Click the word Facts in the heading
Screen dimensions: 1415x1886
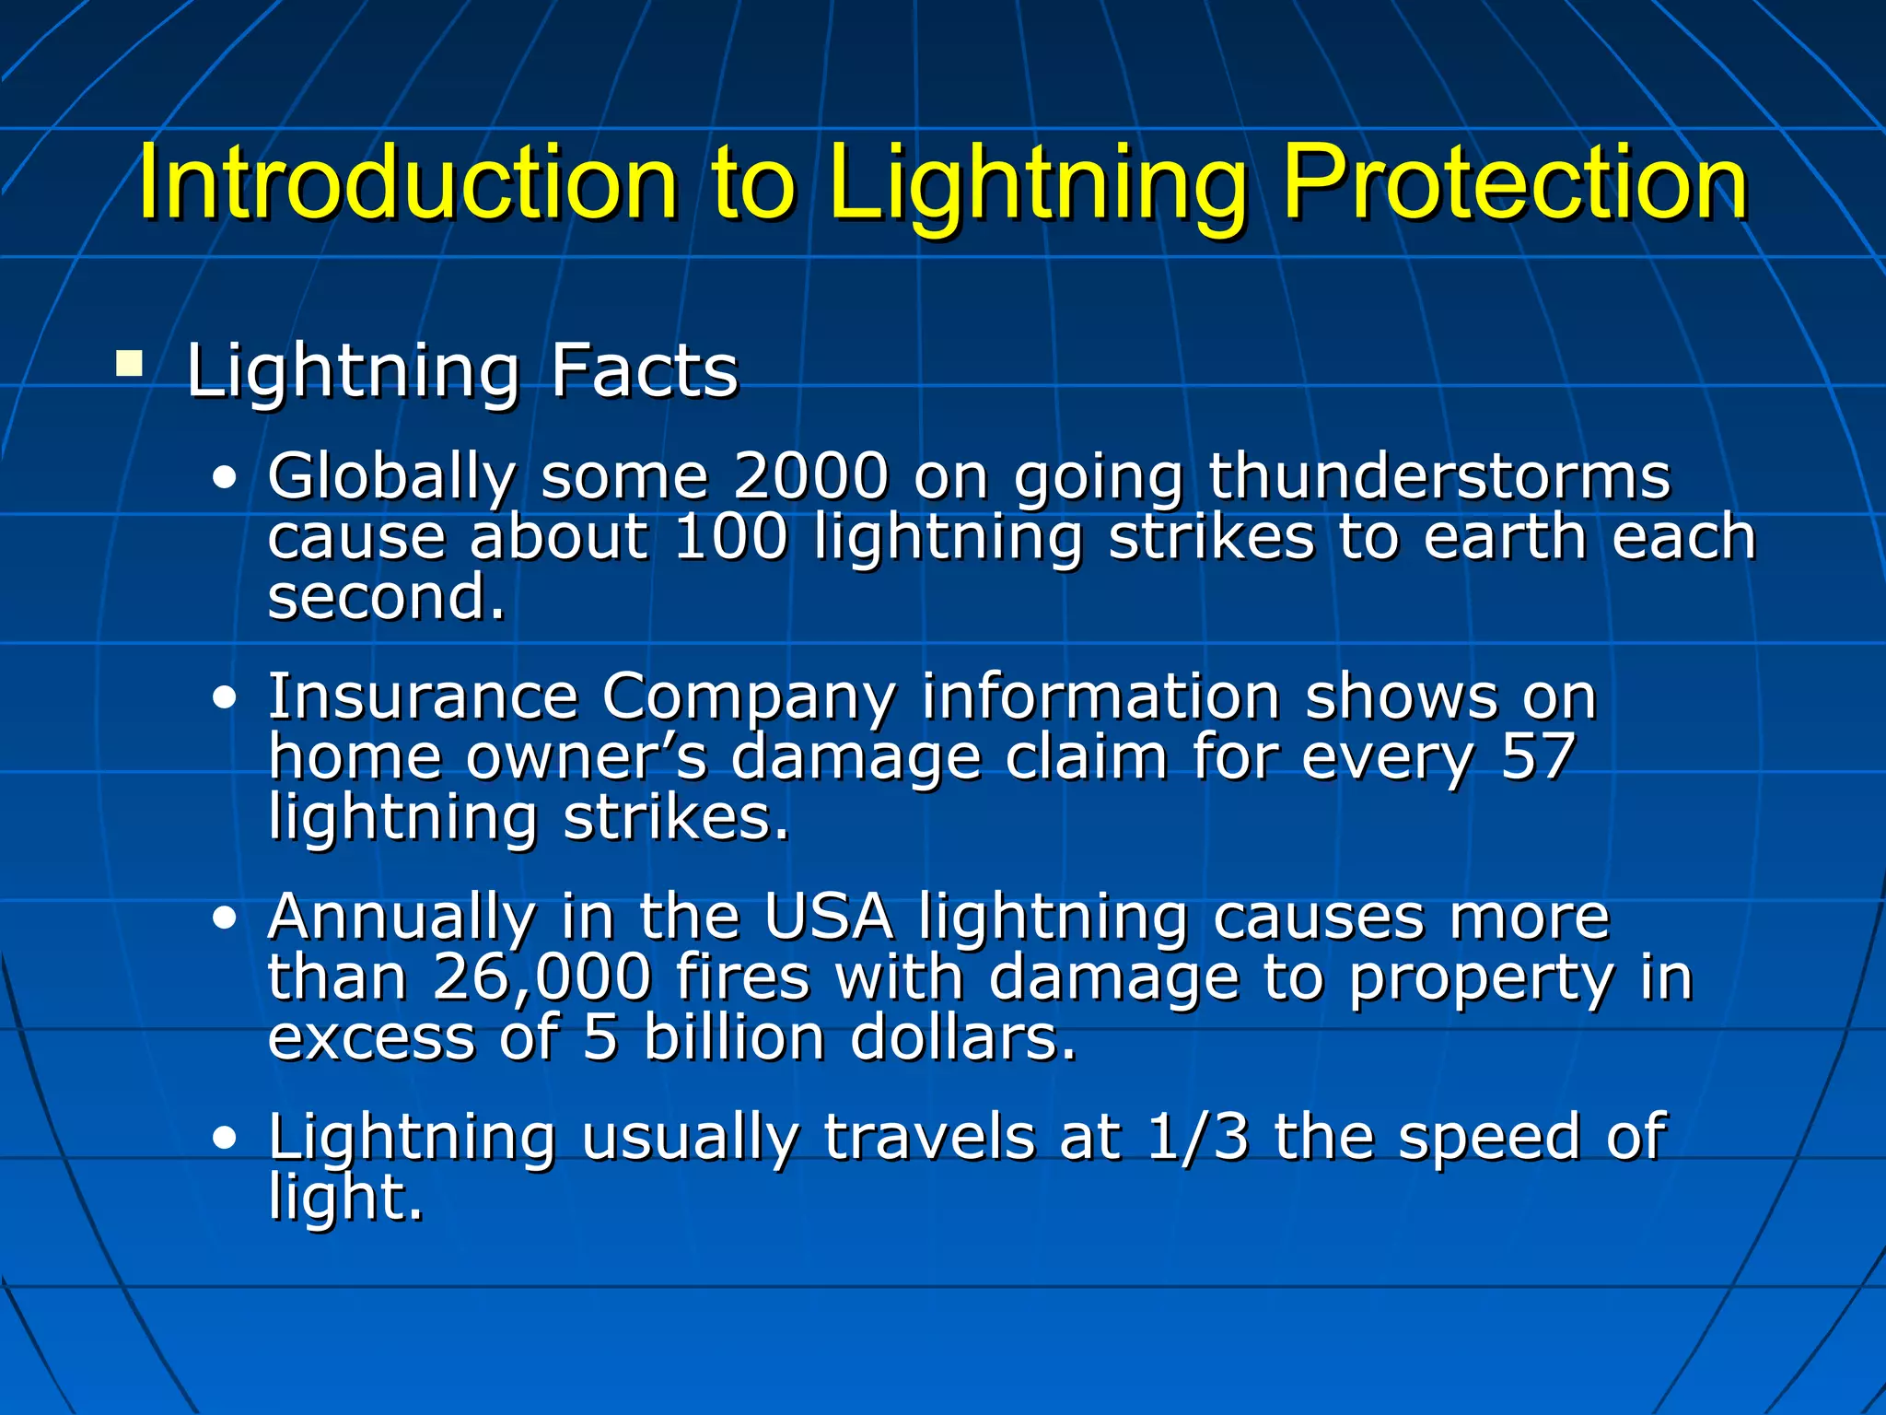click(x=645, y=370)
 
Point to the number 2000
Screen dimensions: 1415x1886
click(x=810, y=476)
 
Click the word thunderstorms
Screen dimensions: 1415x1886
click(x=1438, y=476)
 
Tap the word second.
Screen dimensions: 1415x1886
click(x=387, y=597)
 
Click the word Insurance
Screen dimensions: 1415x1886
click(x=423, y=696)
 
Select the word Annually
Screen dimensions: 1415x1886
click(x=402, y=918)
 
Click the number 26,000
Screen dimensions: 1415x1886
click(x=542, y=977)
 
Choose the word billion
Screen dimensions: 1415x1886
click(x=734, y=1037)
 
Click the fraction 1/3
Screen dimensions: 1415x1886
click(x=1197, y=1137)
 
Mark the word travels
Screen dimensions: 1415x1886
click(x=928, y=1137)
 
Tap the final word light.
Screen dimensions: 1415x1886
click(x=345, y=1198)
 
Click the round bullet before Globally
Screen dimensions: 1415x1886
click(x=224, y=478)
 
